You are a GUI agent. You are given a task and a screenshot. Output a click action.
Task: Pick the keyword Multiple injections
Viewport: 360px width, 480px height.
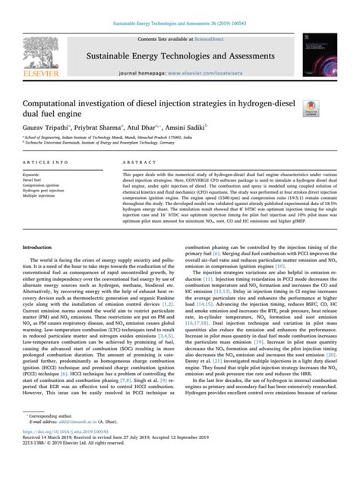(45, 197)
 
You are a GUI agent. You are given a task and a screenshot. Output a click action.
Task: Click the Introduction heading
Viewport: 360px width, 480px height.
(38, 226)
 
